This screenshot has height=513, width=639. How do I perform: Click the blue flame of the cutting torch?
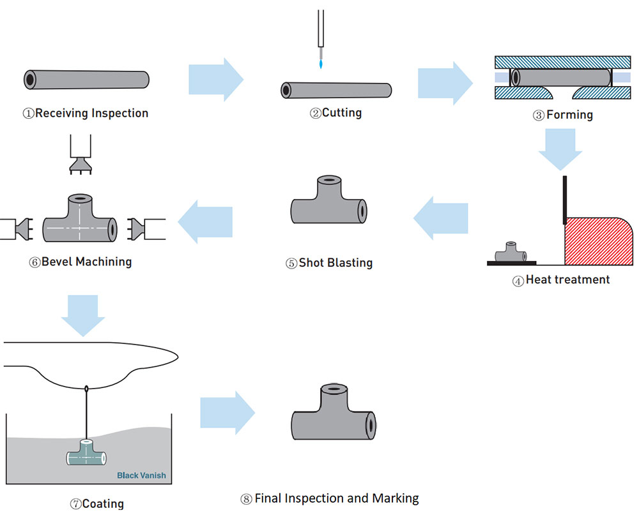[x=321, y=64]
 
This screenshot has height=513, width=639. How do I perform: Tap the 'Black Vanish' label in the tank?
[x=141, y=475]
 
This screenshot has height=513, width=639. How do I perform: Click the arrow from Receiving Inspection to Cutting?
[x=216, y=79]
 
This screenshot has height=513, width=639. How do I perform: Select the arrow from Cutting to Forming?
[x=445, y=83]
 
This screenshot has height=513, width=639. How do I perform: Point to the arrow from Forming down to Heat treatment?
[x=560, y=149]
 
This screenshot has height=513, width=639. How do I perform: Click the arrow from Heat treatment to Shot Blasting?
[x=440, y=218]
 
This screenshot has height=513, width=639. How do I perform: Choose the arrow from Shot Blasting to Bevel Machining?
[x=205, y=221]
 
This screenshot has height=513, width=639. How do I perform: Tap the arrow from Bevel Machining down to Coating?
[x=83, y=316]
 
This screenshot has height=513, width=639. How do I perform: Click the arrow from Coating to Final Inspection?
[x=227, y=413]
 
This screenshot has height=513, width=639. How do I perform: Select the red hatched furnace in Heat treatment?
[x=597, y=242]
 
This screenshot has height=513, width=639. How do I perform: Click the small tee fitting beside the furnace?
[x=510, y=253]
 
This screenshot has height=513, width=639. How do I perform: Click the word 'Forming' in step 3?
[x=569, y=115]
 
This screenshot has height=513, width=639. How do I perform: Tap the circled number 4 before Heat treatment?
[x=518, y=281]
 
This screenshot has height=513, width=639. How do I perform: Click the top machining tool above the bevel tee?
[x=81, y=154]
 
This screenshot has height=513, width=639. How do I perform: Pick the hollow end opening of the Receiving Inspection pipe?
[x=30, y=80]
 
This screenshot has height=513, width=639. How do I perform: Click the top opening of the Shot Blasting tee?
[x=329, y=179]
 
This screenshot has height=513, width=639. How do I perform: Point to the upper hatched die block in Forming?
[x=563, y=63]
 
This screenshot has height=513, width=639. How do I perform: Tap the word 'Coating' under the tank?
[x=103, y=503]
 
